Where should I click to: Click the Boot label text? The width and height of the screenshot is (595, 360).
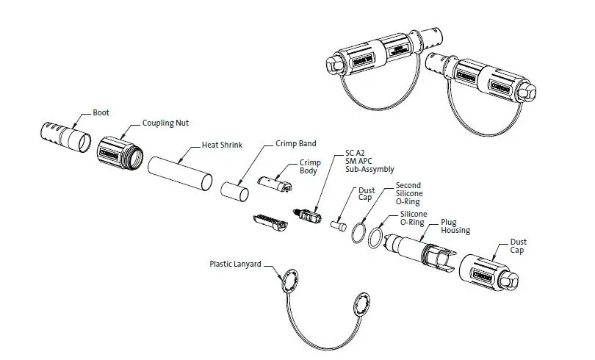click(101, 113)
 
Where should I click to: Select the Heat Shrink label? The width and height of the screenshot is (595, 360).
click(222, 145)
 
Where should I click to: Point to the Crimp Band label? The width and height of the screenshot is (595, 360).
click(295, 144)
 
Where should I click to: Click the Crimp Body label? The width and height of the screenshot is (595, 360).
click(309, 166)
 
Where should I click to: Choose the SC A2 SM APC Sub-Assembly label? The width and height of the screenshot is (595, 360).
click(369, 162)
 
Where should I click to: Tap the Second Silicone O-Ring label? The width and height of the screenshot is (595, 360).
click(410, 193)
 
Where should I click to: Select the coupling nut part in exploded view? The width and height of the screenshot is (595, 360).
click(118, 154)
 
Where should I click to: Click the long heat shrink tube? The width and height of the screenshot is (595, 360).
click(180, 174)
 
